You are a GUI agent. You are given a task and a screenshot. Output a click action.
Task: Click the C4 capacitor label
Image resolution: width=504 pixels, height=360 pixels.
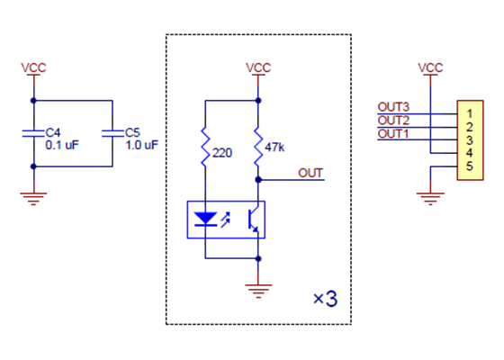point(53,131)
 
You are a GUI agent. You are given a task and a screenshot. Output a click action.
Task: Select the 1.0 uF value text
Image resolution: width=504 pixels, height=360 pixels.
point(143,144)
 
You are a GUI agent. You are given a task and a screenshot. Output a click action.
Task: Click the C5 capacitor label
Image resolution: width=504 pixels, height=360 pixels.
point(133,131)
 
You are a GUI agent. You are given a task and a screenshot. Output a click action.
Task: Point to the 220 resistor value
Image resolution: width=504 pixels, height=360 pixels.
point(222,153)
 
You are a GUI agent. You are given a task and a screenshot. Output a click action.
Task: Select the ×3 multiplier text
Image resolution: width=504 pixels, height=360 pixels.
point(324,299)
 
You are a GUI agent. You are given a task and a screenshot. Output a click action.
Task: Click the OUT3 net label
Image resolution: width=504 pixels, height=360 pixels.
point(393,107)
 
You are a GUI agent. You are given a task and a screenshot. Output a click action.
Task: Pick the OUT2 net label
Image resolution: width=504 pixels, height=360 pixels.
point(393,120)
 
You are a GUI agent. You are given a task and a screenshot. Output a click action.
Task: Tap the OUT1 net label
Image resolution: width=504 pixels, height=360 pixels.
point(392,133)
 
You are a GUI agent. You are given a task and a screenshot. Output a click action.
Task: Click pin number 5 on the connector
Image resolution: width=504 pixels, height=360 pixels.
point(470,166)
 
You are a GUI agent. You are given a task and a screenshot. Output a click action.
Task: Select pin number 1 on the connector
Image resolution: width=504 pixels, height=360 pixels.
point(470,113)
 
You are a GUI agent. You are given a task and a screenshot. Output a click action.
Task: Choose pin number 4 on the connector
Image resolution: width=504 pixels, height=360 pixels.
point(470,153)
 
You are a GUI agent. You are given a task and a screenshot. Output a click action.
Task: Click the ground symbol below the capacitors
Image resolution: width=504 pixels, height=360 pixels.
point(33,198)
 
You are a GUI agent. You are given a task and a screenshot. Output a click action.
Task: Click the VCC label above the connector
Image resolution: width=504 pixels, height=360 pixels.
point(431,67)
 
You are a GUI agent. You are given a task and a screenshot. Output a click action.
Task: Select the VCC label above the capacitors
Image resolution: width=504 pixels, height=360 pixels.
point(33,67)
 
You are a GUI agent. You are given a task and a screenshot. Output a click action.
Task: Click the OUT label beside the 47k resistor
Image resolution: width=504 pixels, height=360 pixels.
point(310,172)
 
